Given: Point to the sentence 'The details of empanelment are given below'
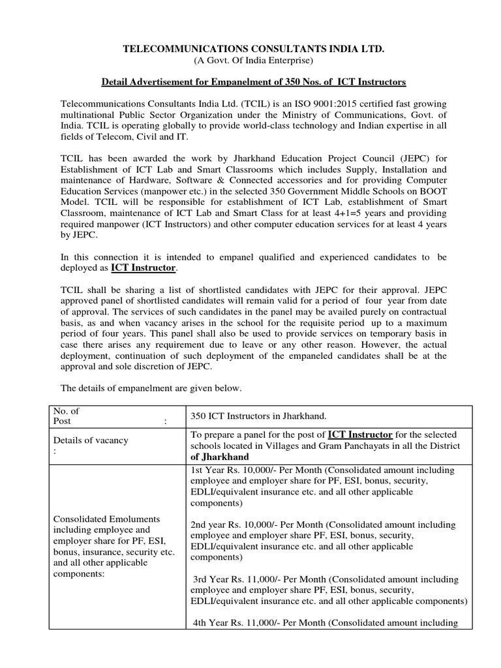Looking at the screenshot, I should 151,388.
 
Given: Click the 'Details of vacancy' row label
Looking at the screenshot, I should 91,440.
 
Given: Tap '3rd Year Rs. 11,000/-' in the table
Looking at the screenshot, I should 236,579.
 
